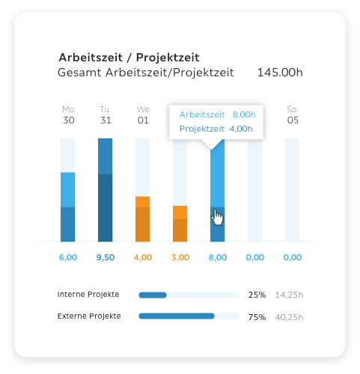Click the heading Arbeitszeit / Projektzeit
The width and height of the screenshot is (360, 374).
129,57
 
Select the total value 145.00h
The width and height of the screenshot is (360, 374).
279,73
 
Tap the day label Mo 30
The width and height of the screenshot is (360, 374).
68,114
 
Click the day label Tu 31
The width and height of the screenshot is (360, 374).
105,114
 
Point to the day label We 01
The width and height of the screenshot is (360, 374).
143,114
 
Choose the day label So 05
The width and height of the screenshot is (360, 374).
293,114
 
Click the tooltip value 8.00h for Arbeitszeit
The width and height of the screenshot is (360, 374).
244,115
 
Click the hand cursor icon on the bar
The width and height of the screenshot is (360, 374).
218,217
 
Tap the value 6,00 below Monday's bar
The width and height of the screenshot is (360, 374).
68,257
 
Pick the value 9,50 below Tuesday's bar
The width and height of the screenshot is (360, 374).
106,257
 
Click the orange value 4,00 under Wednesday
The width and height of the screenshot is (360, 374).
143,257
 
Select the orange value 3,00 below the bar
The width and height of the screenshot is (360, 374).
180,257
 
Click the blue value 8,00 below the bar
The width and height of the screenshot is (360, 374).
218,257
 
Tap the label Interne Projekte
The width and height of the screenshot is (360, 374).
88,295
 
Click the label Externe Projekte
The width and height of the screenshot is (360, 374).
89,316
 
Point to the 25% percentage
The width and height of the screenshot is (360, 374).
257,295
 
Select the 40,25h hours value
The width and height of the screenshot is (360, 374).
289,317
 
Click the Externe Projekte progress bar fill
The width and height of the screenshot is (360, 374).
177,316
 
